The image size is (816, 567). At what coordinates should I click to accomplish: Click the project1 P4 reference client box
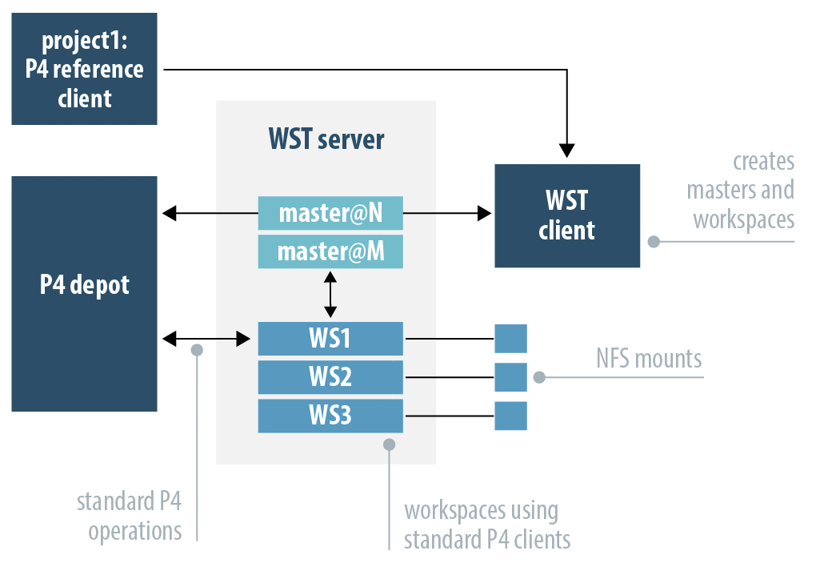click(84, 69)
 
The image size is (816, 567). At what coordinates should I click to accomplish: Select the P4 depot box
click(84, 294)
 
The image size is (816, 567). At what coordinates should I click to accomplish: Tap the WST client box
click(567, 215)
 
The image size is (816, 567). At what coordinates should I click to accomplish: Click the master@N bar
click(330, 214)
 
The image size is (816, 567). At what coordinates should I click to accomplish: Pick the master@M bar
click(330, 251)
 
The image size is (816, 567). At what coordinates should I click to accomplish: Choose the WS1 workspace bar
click(330, 339)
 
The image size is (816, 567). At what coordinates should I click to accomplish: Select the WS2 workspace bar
click(330, 377)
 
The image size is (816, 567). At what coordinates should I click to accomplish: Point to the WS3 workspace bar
click(330, 416)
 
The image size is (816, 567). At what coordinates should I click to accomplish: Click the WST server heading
click(326, 140)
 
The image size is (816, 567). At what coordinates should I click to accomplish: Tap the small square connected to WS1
click(510, 339)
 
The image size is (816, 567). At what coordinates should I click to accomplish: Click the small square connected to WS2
click(510, 377)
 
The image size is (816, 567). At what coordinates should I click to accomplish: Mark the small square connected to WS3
click(510, 416)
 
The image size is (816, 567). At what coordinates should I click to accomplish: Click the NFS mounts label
click(648, 358)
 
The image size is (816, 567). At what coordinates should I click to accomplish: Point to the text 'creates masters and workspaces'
click(743, 190)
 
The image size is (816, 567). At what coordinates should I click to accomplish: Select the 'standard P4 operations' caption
click(130, 517)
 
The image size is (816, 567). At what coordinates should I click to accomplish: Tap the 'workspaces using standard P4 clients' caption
click(486, 525)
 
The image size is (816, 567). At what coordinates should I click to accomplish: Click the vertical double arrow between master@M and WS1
click(330, 295)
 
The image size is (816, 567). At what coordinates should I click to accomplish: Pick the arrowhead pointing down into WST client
click(567, 149)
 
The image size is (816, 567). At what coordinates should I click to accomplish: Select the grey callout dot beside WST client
click(653, 241)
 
